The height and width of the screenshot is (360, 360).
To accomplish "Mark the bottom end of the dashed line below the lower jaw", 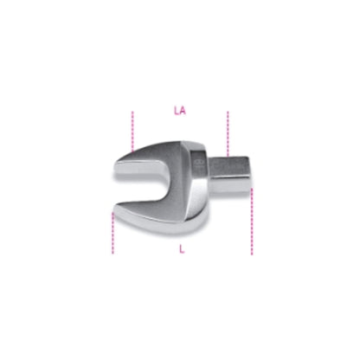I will (x=113, y=254).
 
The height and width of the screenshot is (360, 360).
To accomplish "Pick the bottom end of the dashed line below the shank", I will (x=252, y=254).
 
